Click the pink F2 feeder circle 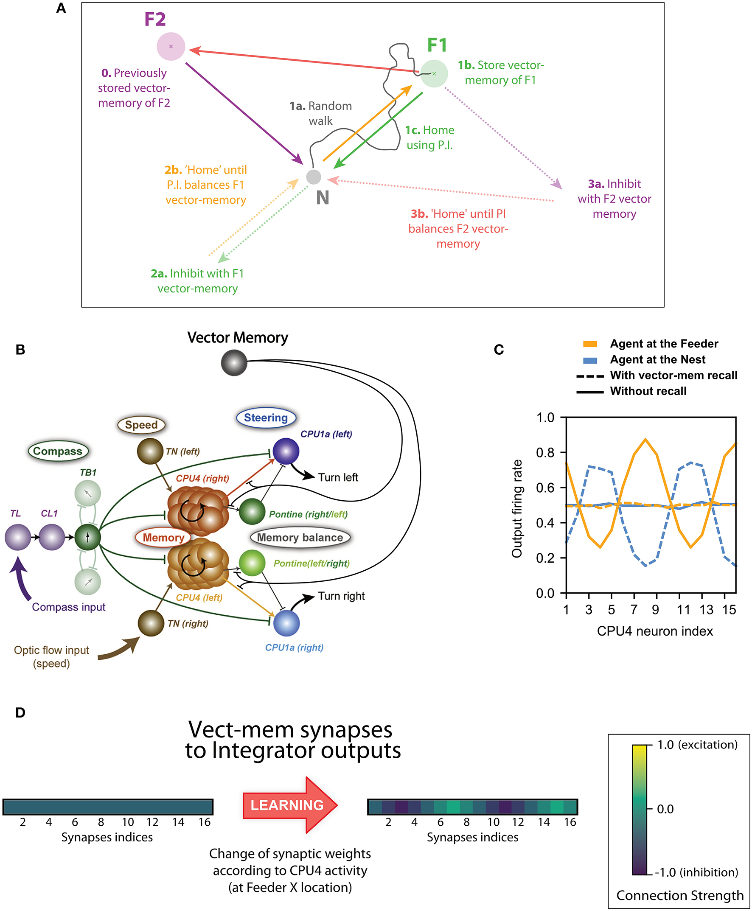171,46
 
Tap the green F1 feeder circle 434,74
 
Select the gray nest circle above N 313,177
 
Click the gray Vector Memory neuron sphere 234,363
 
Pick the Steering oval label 266,418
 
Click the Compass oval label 58,451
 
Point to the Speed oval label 141,425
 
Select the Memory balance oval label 300,538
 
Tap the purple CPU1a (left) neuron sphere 286,451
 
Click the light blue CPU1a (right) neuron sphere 286,623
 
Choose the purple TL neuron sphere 17,537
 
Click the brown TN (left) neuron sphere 150,451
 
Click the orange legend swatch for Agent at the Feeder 590,344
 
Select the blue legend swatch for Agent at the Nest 590,360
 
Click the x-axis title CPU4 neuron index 654,631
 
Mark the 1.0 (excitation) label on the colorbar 697,745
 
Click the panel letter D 20,712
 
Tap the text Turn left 338,477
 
